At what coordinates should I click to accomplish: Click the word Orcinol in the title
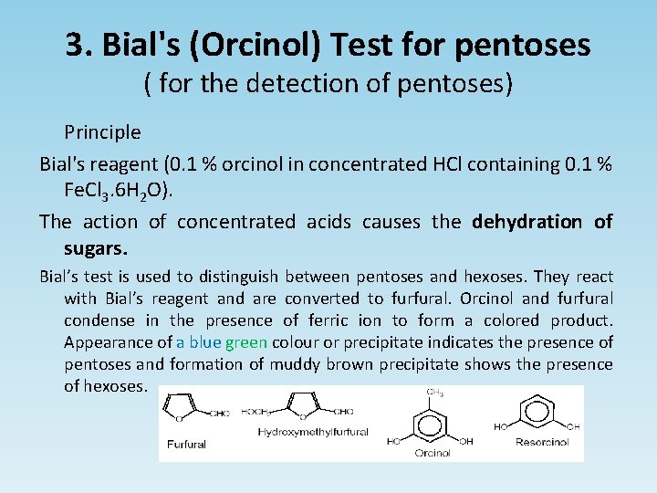(x=261, y=44)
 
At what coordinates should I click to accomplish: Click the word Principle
(x=102, y=132)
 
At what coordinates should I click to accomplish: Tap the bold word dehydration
(x=527, y=221)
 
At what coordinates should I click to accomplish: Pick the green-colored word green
(x=245, y=342)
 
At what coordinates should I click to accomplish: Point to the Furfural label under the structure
(x=186, y=445)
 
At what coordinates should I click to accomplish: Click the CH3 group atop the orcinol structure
(x=436, y=393)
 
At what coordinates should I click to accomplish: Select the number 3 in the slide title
(x=73, y=44)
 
